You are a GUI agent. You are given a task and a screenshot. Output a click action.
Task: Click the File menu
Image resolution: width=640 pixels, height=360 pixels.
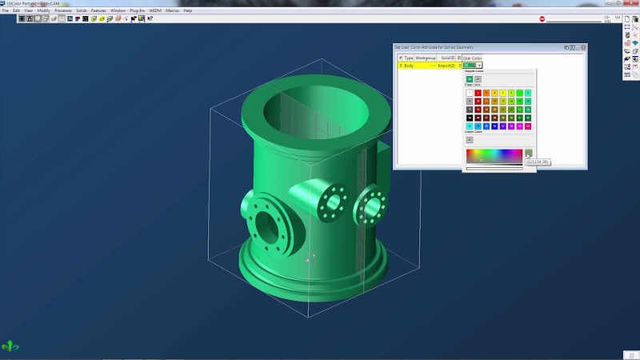5,10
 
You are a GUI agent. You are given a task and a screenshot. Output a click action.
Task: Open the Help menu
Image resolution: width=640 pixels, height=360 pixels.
188,10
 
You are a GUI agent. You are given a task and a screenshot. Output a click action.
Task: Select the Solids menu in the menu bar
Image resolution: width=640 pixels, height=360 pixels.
81,10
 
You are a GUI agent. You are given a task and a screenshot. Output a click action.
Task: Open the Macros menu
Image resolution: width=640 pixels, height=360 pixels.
172,10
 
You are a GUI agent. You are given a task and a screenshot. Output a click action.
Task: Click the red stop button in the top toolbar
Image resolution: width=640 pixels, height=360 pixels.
542,18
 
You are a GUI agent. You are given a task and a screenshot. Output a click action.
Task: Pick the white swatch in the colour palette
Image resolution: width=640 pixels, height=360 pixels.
469,93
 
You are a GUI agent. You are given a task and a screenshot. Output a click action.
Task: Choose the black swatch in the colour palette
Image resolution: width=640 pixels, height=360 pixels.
469,118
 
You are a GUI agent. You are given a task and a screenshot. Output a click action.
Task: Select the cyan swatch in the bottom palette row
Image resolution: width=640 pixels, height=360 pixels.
469,126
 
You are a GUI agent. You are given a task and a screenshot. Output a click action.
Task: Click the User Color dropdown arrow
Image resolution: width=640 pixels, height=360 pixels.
479,65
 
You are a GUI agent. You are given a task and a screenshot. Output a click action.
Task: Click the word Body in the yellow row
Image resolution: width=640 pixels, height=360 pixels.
409,65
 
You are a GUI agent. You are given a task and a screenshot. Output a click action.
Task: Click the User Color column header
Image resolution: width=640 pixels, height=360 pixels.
472,58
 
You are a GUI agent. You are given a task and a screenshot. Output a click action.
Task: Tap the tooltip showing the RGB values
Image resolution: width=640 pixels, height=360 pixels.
537,162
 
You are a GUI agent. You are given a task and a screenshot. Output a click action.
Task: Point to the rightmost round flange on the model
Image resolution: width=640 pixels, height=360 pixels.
370,206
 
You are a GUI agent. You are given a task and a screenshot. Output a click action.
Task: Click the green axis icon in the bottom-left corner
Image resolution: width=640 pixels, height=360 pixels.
10,346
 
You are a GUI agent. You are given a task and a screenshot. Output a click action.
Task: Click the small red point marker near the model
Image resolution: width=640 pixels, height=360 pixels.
313,256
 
